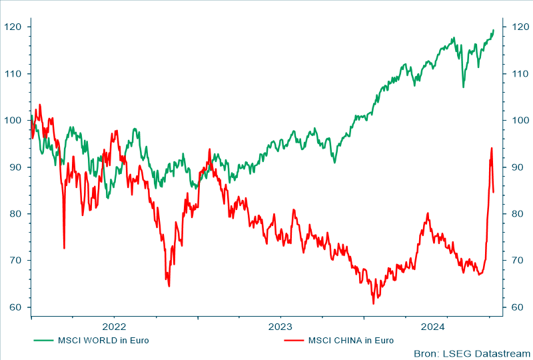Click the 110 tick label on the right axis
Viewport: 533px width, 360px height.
(x=517, y=73)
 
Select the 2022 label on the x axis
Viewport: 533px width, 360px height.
(x=114, y=326)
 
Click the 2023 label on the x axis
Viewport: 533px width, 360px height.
(x=280, y=326)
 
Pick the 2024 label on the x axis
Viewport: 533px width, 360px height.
(x=432, y=326)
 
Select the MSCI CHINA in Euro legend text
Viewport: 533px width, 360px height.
(x=350, y=341)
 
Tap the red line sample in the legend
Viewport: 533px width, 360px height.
(x=293, y=341)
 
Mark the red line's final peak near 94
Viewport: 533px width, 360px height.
(x=492, y=148)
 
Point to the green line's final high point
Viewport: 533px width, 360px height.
(x=493, y=30)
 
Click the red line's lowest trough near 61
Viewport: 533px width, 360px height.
(x=374, y=304)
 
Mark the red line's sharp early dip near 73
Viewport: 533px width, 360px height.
(x=64, y=248)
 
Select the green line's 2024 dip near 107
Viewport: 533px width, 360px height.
(x=463, y=87)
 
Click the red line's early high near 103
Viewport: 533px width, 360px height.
(x=39, y=105)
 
